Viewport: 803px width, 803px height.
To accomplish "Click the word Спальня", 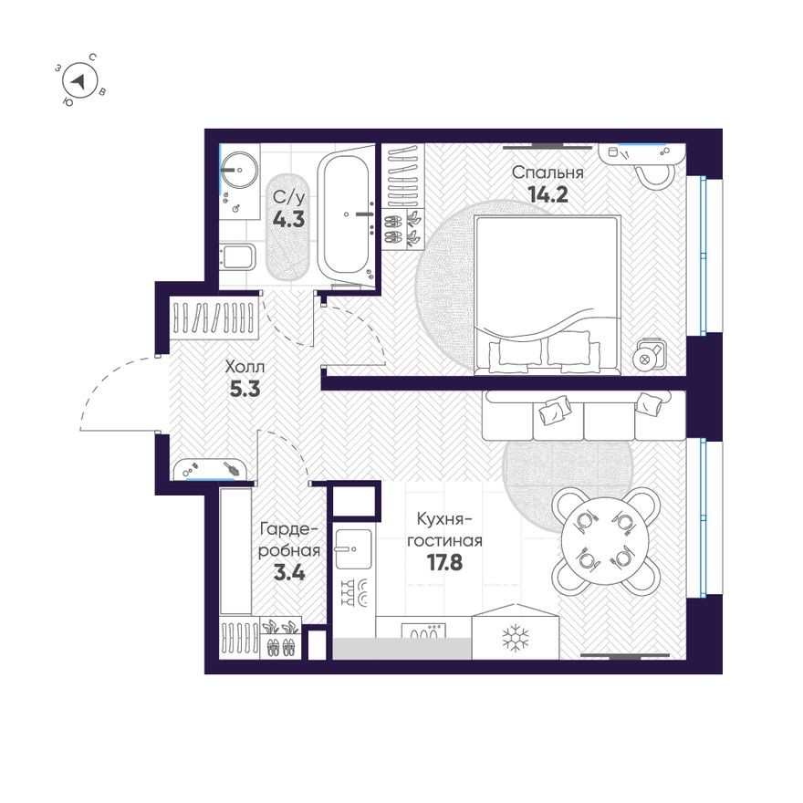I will [x=547, y=172].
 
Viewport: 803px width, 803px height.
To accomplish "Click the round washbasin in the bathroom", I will [x=242, y=169].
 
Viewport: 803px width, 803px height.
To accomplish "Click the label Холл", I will [x=246, y=367].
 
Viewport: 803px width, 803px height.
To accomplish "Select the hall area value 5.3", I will [x=246, y=388].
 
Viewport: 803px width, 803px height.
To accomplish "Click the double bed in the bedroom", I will [x=547, y=292].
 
